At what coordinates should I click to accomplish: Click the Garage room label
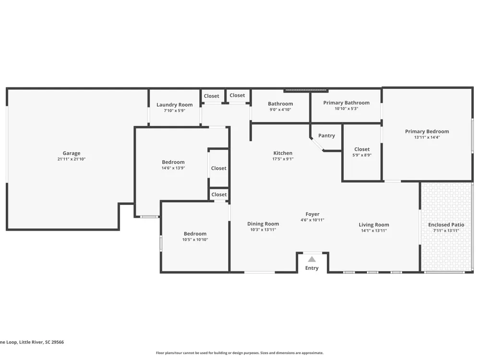72,153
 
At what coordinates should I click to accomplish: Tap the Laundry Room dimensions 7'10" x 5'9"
175,110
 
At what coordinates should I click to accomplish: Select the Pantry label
326,136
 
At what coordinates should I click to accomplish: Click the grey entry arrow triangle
312,259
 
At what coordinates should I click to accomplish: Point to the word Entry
312,268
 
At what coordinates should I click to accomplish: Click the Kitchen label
283,153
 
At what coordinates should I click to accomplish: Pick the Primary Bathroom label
346,103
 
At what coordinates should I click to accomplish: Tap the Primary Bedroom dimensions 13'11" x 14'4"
427,137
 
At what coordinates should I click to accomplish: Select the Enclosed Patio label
446,225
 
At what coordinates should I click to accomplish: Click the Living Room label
374,225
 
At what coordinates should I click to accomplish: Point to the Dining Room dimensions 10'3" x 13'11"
263,229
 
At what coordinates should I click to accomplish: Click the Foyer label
312,214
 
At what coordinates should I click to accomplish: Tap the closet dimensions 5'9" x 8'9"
362,155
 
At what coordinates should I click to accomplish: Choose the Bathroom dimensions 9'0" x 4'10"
280,109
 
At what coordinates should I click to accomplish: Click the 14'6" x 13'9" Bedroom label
173,162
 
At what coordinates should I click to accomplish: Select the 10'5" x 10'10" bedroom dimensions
195,240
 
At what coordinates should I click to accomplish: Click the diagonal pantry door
317,144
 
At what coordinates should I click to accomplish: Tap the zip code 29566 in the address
58,342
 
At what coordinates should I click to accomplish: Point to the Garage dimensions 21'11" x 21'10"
72,159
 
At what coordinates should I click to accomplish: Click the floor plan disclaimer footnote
240,353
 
